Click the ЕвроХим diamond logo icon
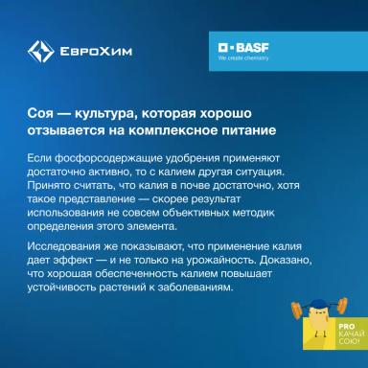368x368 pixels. (x=40, y=52)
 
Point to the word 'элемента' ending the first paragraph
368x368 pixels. (x=165, y=223)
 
